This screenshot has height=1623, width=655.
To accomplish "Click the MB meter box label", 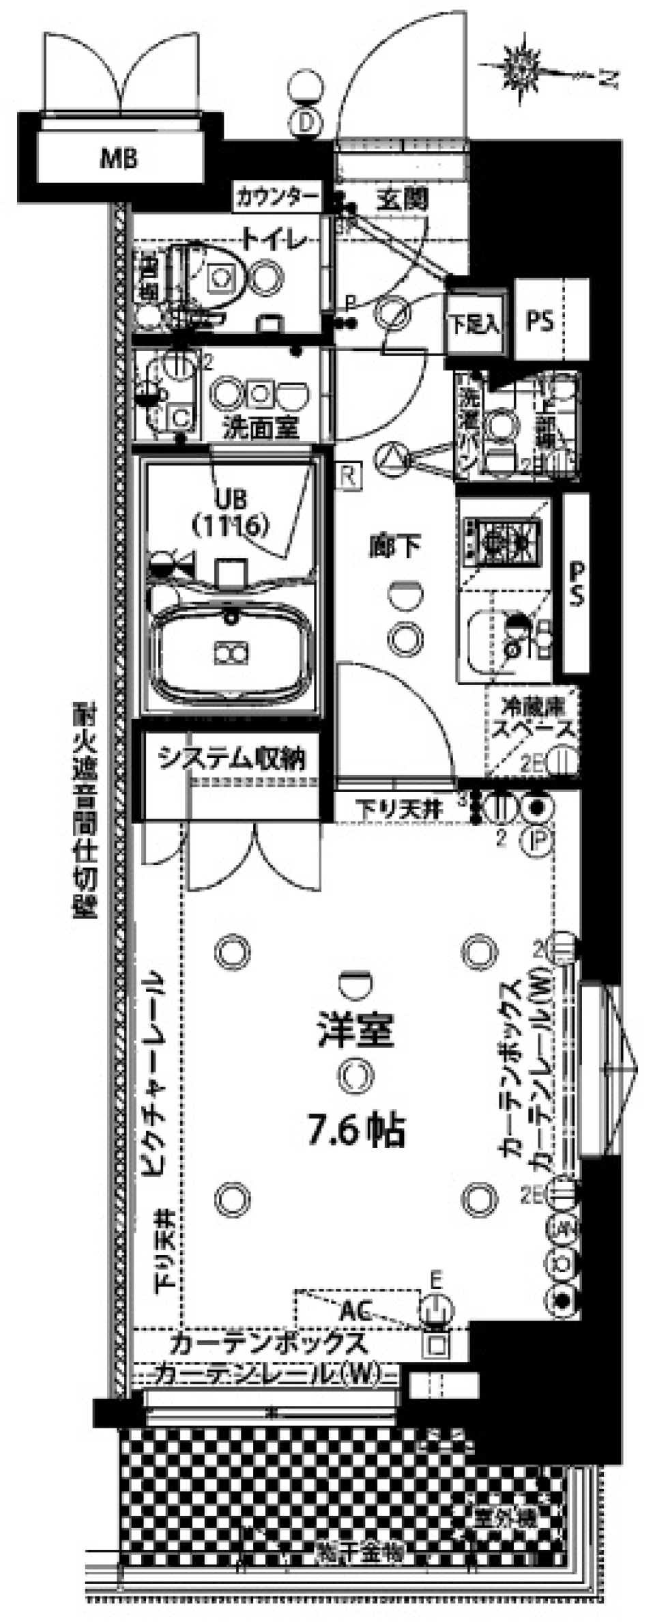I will [x=119, y=159].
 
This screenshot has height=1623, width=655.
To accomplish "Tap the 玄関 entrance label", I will [x=403, y=199].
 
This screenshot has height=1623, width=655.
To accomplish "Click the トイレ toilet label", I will [x=274, y=240].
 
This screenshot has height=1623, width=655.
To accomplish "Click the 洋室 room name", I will [x=355, y=1030].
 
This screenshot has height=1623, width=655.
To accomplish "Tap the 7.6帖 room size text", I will [x=357, y=1130].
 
